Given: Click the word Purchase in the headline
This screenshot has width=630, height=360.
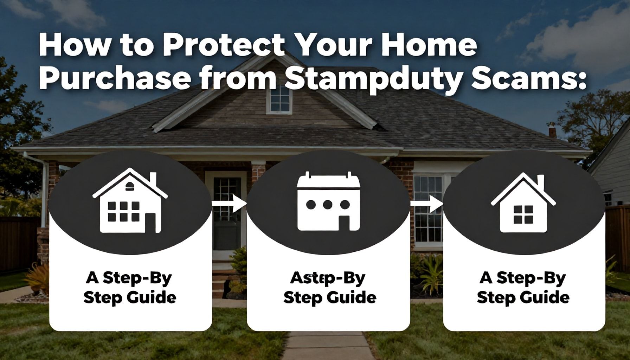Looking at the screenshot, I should [x=115, y=80].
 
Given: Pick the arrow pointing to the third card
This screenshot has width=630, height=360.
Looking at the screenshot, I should [x=426, y=204].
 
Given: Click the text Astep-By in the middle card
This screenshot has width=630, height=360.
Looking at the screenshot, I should [x=328, y=278].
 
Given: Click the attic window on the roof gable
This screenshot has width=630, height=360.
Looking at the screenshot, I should [x=279, y=98].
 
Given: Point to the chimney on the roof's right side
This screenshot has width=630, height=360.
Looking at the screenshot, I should [x=552, y=130].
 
